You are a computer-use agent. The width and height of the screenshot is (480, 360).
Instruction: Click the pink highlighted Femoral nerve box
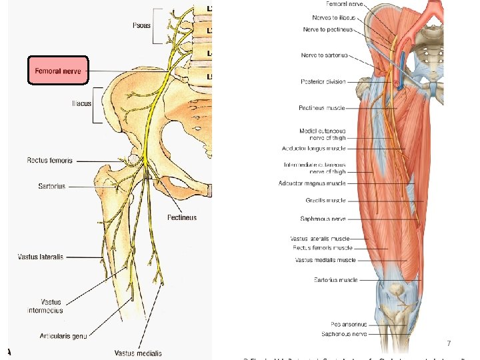57,71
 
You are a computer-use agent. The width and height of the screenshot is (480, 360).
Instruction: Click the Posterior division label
323,82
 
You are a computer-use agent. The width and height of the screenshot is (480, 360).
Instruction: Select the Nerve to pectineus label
327,30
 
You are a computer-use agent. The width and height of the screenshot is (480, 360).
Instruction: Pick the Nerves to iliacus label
334,17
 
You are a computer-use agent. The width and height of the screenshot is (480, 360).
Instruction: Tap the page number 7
449,344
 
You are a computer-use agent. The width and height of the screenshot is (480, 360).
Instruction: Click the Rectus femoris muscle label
323,247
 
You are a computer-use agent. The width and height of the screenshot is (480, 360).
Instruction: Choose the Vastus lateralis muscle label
321,238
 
